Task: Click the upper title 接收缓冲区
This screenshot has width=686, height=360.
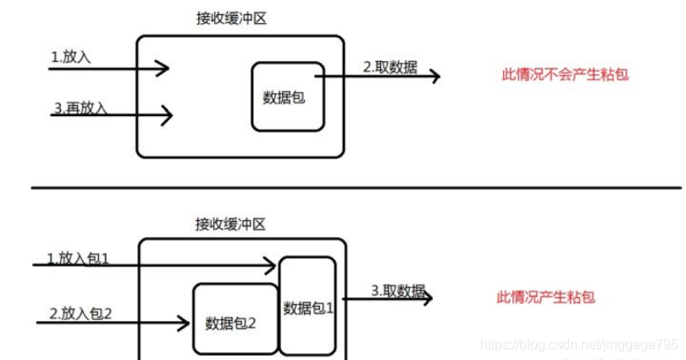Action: coord(230,18)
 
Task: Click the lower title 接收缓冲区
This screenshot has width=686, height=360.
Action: coord(230,224)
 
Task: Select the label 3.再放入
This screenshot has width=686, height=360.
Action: coord(80,108)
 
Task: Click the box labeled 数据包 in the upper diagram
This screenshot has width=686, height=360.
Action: coord(287,97)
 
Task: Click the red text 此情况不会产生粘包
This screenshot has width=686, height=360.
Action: coord(565,75)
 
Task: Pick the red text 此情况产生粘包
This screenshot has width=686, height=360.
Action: coord(545,297)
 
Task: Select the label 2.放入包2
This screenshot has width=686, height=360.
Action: coord(80,313)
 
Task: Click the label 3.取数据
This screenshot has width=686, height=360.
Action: coord(398,291)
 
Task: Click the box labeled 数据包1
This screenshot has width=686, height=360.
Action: coord(308,307)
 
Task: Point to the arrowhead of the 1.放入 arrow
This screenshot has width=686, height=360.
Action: coord(165,69)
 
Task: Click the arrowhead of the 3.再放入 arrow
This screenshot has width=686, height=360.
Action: coord(168,114)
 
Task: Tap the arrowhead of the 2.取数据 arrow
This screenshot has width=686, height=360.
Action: coord(434,76)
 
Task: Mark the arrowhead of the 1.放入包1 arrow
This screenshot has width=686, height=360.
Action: coord(271,266)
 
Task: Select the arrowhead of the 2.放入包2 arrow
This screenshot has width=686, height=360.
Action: coord(184,322)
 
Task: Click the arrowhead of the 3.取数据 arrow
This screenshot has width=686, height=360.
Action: coord(428,298)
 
